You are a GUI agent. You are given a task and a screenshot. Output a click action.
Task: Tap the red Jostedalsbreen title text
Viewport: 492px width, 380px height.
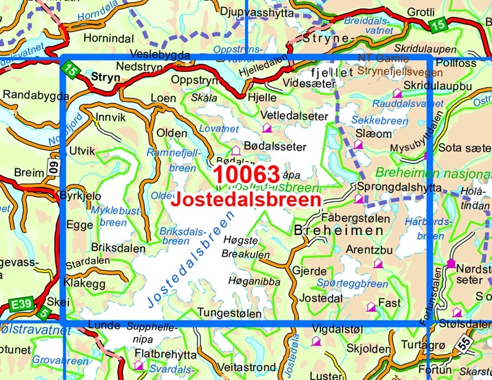[x=247, y=200]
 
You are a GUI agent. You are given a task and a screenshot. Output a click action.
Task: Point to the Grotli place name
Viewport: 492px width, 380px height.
[x=421, y=12]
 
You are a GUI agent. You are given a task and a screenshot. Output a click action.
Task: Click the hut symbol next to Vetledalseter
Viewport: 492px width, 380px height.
[x=267, y=128]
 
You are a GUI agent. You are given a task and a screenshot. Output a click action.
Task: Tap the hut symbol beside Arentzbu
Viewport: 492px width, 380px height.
[x=378, y=263]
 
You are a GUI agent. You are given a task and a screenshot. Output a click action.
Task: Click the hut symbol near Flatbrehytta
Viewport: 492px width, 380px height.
[x=139, y=366]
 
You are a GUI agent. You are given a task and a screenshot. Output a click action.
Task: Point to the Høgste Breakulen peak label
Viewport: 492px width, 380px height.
[x=250, y=245]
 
